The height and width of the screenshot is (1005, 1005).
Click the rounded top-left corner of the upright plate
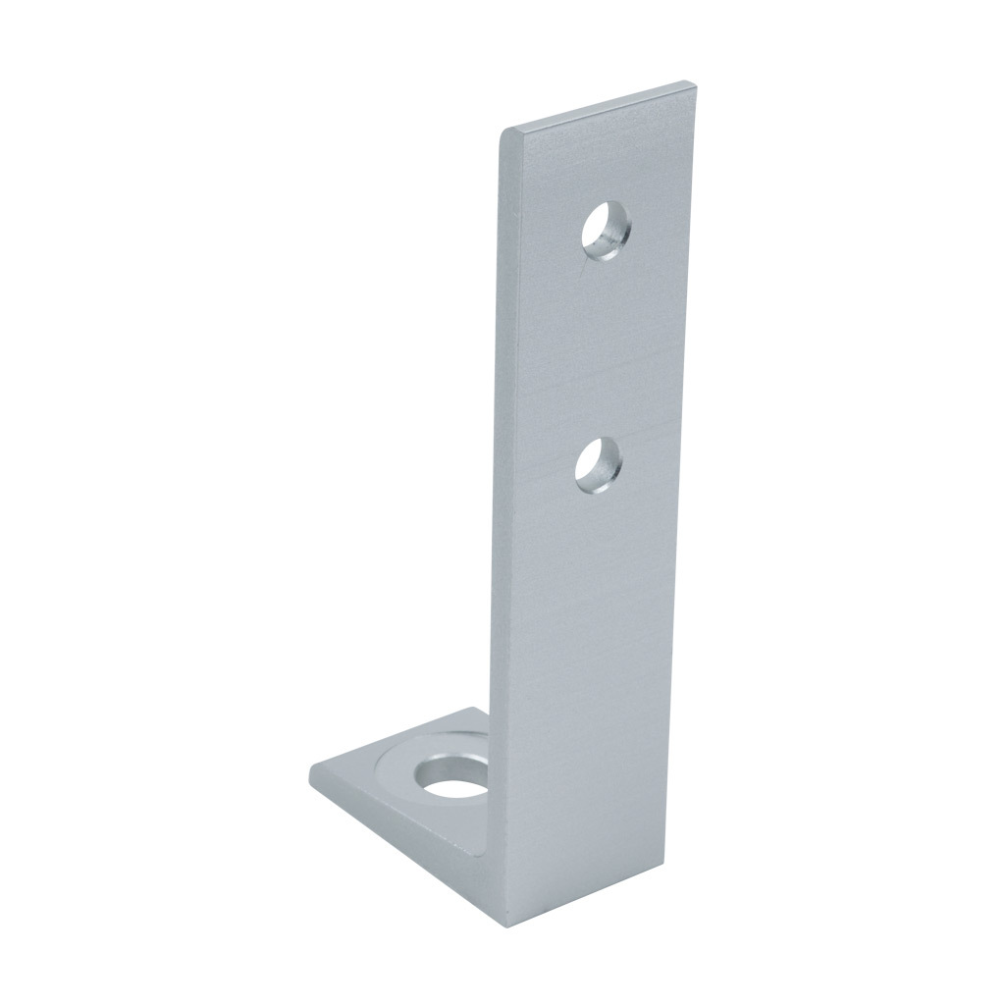coord(504,132)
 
